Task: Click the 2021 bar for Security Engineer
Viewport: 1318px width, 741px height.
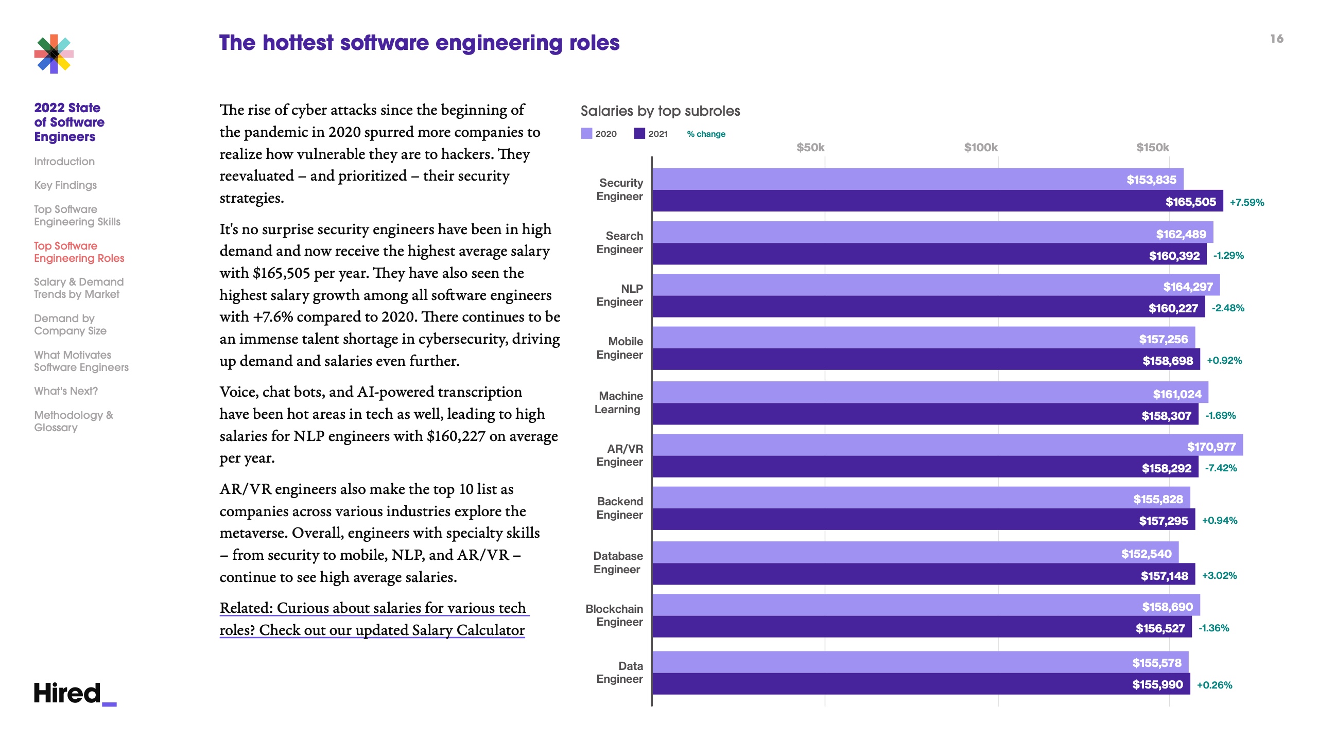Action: pyautogui.click(x=937, y=201)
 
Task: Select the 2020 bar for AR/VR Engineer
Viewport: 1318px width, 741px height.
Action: pyautogui.click(x=947, y=445)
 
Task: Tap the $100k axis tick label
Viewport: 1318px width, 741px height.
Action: pyautogui.click(x=980, y=148)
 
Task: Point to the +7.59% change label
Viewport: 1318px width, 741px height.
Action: pyautogui.click(x=1246, y=202)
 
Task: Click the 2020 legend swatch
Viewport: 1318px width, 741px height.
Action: pyautogui.click(x=586, y=134)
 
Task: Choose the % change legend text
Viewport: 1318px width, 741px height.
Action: pyautogui.click(x=706, y=134)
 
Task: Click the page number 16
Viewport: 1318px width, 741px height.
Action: pyautogui.click(x=1276, y=39)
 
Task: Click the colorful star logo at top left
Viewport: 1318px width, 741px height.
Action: pyautogui.click(x=54, y=54)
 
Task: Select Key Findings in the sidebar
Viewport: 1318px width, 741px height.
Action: pyautogui.click(x=65, y=185)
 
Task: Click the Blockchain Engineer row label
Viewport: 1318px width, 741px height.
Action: pyautogui.click(x=615, y=615)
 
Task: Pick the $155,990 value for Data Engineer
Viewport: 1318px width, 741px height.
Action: pyautogui.click(x=1157, y=684)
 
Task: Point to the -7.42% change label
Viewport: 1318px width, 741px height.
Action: pyautogui.click(x=1221, y=468)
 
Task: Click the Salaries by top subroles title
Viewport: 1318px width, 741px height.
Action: pyautogui.click(x=660, y=111)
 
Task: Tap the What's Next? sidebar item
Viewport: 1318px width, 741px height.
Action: pyautogui.click(x=66, y=391)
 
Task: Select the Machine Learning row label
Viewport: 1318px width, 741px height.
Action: pyautogui.click(x=619, y=402)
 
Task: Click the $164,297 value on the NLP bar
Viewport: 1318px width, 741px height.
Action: pyautogui.click(x=1188, y=287)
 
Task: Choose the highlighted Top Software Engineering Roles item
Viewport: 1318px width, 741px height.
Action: pyautogui.click(x=79, y=252)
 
